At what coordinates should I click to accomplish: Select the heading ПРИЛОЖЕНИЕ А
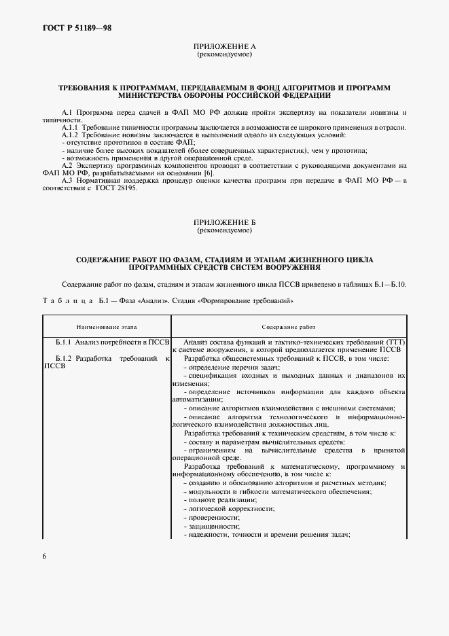point(224,46)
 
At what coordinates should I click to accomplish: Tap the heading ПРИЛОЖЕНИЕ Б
point(224,222)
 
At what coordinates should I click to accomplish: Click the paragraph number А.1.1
point(70,127)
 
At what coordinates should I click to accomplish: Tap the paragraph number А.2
point(67,165)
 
